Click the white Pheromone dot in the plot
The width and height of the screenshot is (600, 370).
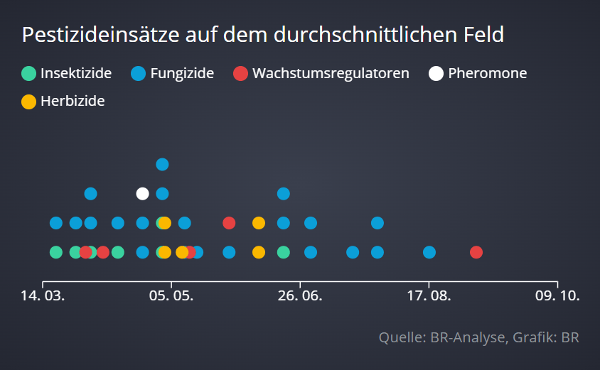coord(142,193)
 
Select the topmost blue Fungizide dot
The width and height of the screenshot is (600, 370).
coord(162,164)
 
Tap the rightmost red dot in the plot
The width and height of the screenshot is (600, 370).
coord(476,252)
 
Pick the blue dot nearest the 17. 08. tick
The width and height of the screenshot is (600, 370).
coord(429,252)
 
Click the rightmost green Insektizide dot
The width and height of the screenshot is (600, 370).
coord(284,252)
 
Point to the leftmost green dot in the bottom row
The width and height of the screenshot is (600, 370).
coord(56,252)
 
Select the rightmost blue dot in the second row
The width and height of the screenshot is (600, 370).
coord(377,223)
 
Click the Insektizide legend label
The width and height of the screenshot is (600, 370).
coord(76,73)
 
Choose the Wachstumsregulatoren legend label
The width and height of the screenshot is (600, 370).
coord(331,73)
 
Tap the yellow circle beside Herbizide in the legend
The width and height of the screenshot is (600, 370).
coord(28,102)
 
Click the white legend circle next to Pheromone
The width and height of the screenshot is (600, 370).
coord(436,73)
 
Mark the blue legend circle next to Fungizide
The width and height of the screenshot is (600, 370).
coord(139,73)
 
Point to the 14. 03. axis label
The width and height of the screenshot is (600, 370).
coord(43,295)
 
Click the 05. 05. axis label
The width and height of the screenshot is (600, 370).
coord(171,295)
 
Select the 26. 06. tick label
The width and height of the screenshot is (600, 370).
coord(300,295)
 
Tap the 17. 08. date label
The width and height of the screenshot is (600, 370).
coord(429,295)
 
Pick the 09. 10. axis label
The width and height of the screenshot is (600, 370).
coord(557,295)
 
